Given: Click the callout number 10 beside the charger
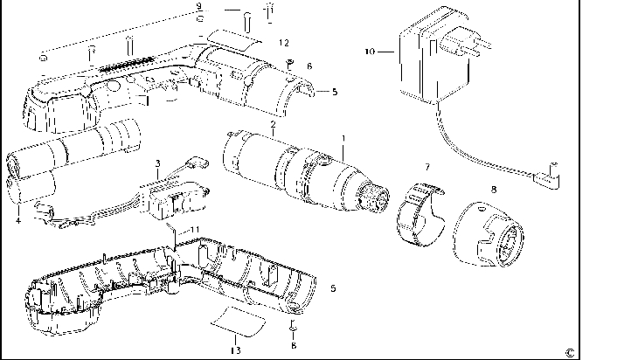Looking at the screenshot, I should pyautogui.click(x=370, y=52).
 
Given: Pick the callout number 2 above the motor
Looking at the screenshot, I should pyautogui.click(x=273, y=124).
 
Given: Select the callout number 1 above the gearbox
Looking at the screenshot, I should pyautogui.click(x=343, y=138).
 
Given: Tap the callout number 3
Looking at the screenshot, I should pyautogui.click(x=156, y=163).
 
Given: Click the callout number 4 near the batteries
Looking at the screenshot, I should pyautogui.click(x=17, y=219).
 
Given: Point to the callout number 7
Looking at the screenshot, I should pyautogui.click(x=426, y=165).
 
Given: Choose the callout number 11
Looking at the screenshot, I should pyautogui.click(x=196, y=229).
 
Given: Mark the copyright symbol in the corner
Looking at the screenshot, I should pyautogui.click(x=569, y=351).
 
